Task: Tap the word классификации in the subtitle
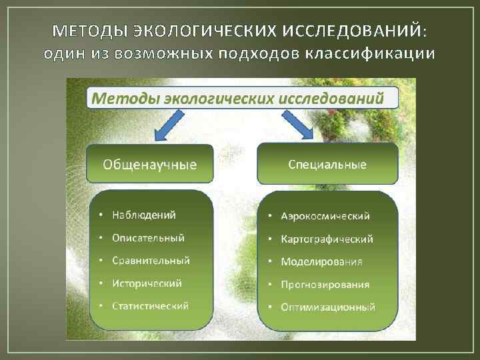click(371, 53)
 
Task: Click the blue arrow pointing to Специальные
click(299, 125)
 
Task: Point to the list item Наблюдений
click(144, 215)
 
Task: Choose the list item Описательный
click(149, 237)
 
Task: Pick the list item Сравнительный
click(151, 260)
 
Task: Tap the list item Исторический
click(147, 283)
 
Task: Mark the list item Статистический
click(151, 305)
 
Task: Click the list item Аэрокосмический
click(325, 216)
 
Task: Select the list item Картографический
click(327, 239)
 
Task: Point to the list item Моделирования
click(322, 261)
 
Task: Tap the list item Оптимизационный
click(328, 307)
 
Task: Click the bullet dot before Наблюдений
click(100, 215)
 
